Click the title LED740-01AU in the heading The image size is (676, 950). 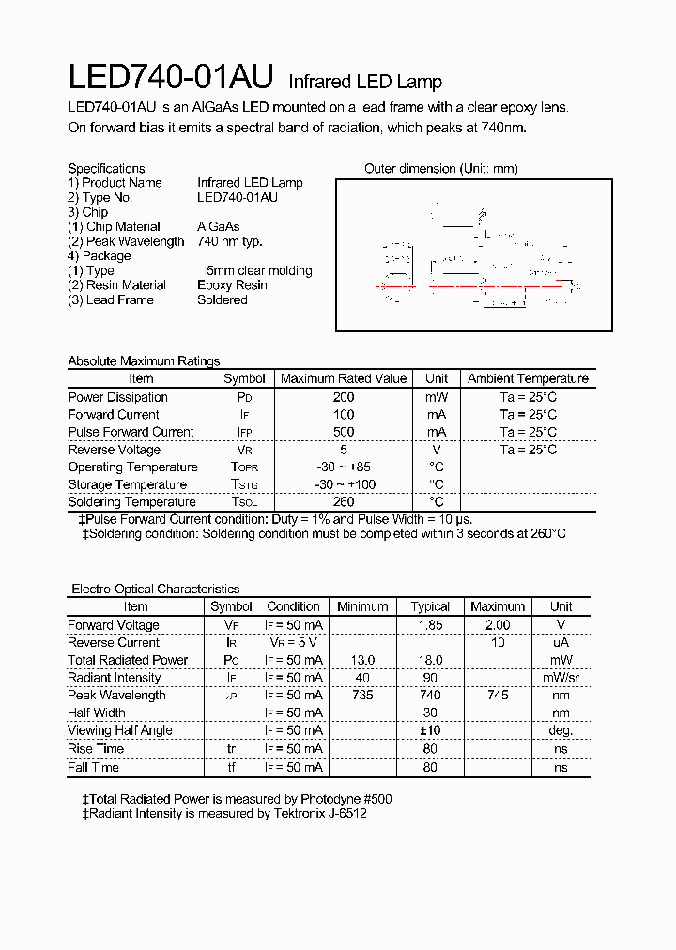tap(171, 78)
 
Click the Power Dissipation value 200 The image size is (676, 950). tap(343, 397)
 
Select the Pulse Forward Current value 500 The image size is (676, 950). tap(343, 432)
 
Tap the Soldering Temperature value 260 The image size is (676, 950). tap(343, 502)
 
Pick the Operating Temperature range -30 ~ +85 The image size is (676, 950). tap(343, 467)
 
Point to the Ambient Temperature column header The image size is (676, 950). tap(528, 378)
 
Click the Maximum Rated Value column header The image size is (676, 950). tap(344, 378)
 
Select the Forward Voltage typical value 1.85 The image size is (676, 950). tap(430, 625)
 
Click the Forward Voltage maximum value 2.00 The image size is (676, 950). tap(497, 625)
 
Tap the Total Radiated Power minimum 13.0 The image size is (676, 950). tap(362, 660)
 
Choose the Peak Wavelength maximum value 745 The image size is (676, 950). tap(497, 696)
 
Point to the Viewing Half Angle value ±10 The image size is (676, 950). tap(430, 730)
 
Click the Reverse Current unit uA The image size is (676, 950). tap(561, 643)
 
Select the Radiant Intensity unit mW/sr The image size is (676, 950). tap(561, 678)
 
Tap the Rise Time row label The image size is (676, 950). tap(93, 749)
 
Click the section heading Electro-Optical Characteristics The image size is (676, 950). tap(156, 590)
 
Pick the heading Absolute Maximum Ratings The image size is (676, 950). tap(144, 361)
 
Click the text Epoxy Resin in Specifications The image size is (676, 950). tap(232, 285)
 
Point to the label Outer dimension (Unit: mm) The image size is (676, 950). tap(440, 169)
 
